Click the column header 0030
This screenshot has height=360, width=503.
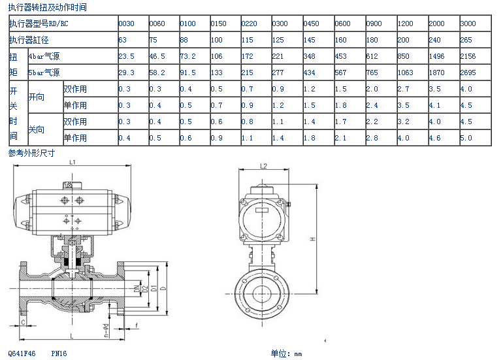click(126, 24)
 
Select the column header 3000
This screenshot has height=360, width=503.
click(468, 24)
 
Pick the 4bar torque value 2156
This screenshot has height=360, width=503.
click(468, 56)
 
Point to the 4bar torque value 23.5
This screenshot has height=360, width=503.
click(126, 56)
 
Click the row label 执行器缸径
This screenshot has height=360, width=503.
click(29, 40)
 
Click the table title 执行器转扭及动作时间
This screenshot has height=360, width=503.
click(47, 8)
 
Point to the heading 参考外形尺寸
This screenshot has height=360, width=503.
click(31, 153)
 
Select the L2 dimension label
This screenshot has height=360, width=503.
click(263, 166)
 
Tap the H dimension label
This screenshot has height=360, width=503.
click(312, 239)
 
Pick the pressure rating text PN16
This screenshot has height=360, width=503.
click(59, 353)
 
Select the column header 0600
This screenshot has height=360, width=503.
click(342, 24)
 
